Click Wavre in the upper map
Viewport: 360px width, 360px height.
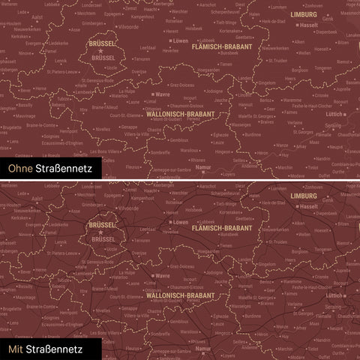163,95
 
